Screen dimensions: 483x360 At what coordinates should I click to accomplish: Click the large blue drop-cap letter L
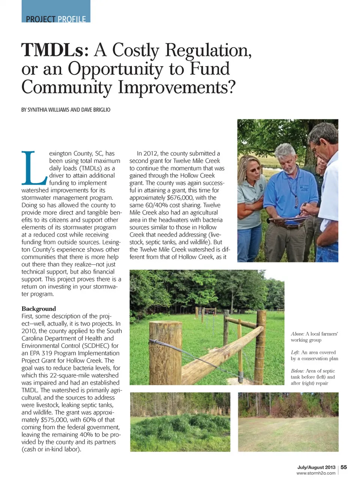click(34, 168)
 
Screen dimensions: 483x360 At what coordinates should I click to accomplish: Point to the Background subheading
click(39, 309)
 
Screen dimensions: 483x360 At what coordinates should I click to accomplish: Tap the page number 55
click(344, 467)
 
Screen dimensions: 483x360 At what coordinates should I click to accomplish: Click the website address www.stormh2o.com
click(316, 473)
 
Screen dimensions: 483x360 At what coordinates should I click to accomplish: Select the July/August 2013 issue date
click(316, 467)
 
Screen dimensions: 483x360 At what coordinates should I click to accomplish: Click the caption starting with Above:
click(314, 337)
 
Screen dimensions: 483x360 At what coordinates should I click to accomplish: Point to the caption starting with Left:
click(314, 355)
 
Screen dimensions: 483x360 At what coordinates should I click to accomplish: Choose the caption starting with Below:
click(313, 377)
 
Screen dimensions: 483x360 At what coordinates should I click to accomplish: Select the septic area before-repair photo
click(180, 422)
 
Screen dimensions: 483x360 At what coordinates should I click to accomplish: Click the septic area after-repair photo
click(288, 422)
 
